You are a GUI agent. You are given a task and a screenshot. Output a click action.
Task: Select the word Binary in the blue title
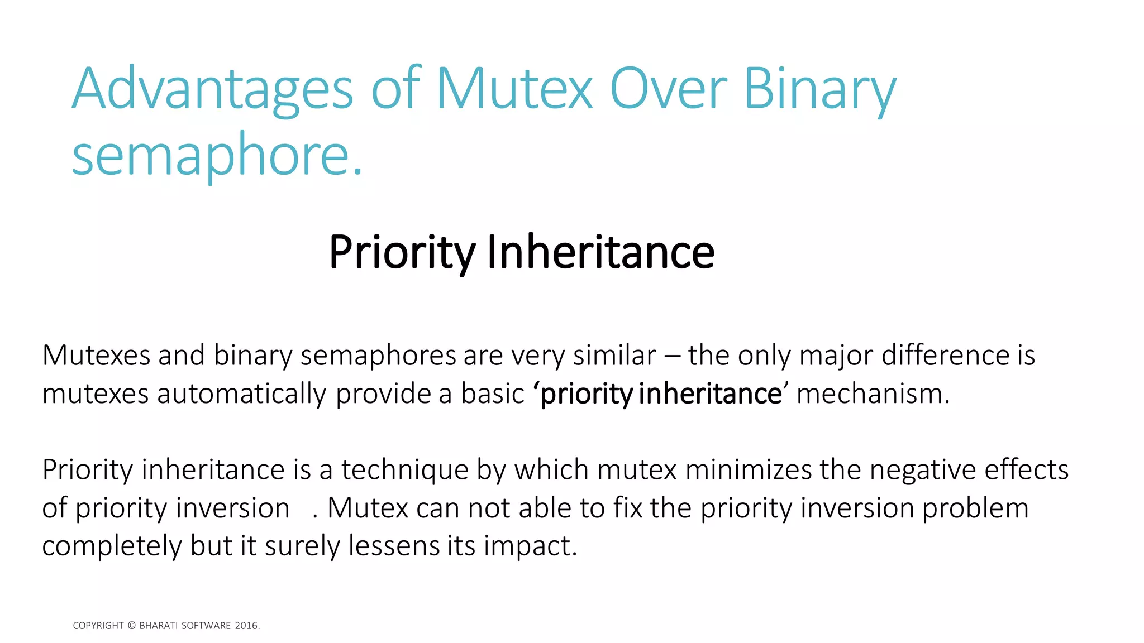click(819, 89)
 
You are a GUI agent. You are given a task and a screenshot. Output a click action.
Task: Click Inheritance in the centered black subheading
click(600, 252)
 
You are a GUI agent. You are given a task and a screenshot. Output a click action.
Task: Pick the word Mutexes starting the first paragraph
click(96, 356)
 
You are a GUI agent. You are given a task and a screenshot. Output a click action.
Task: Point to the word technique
click(405, 470)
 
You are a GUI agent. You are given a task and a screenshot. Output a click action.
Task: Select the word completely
click(112, 546)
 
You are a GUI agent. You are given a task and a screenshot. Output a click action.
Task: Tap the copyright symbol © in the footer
click(132, 626)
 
